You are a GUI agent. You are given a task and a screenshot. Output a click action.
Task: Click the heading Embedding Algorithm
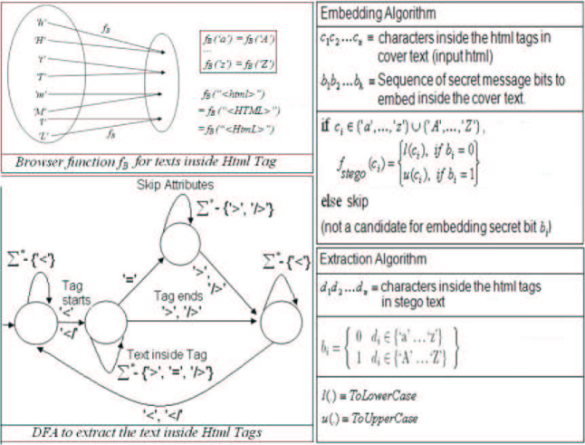click(x=377, y=15)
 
